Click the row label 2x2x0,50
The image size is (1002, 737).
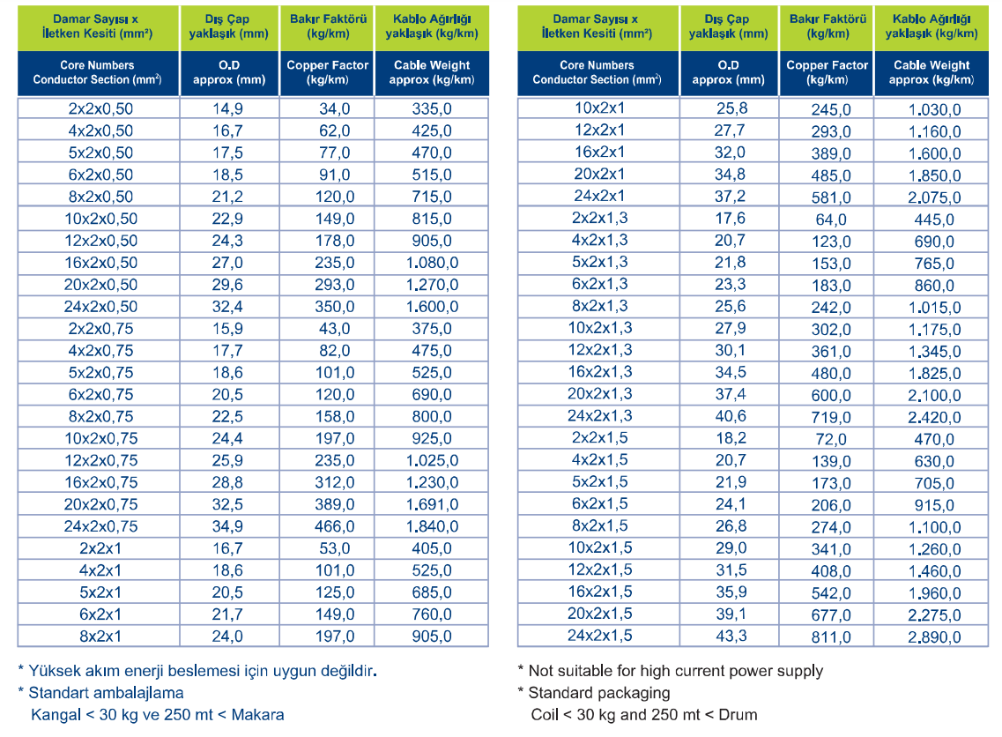100,108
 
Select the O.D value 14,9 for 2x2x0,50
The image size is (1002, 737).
227,108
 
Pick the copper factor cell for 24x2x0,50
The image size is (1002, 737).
334,307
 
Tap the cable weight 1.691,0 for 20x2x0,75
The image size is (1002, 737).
432,504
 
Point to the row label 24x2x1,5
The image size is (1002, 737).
599,636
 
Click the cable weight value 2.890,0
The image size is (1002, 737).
934,637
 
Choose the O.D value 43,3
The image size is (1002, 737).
731,636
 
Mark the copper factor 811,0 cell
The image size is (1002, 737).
831,637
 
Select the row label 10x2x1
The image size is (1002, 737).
599,108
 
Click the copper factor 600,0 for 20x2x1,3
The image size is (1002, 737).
831,396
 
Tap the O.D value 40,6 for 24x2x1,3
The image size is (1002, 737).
731,415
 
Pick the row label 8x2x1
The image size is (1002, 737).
100,636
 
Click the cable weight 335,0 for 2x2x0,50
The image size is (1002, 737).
432,108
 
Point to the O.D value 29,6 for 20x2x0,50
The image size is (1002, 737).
227,285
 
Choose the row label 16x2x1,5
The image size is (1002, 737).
599,592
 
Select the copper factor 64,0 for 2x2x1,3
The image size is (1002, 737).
831,220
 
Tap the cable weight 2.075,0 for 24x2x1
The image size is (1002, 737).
934,197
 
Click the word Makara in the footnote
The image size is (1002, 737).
257,715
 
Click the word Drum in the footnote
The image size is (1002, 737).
739,715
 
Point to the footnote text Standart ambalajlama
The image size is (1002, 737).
106,693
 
